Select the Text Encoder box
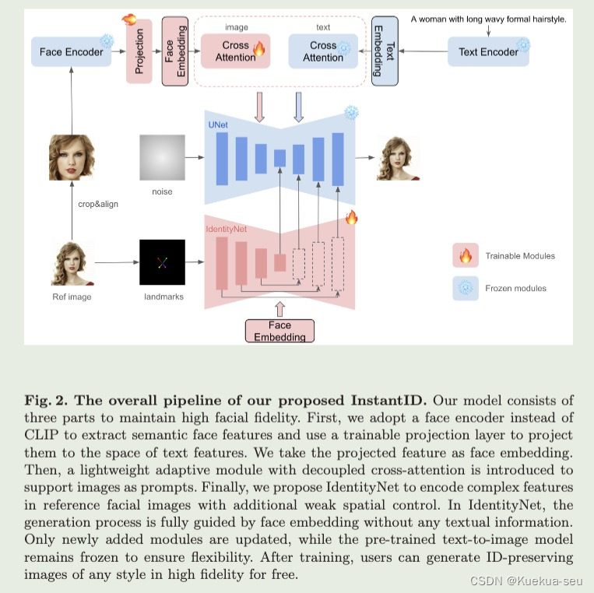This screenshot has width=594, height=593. (x=488, y=51)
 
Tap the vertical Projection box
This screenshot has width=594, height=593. (x=139, y=52)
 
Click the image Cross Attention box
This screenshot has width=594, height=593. (x=235, y=51)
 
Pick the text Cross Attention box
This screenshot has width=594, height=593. (x=322, y=51)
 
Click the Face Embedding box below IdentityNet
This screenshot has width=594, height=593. (x=280, y=331)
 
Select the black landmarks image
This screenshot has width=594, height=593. (x=162, y=262)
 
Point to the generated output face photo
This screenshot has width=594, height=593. (x=398, y=157)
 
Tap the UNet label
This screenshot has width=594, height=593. (x=219, y=124)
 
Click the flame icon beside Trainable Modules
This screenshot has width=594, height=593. (x=466, y=255)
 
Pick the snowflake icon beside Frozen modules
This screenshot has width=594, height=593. (x=466, y=288)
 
